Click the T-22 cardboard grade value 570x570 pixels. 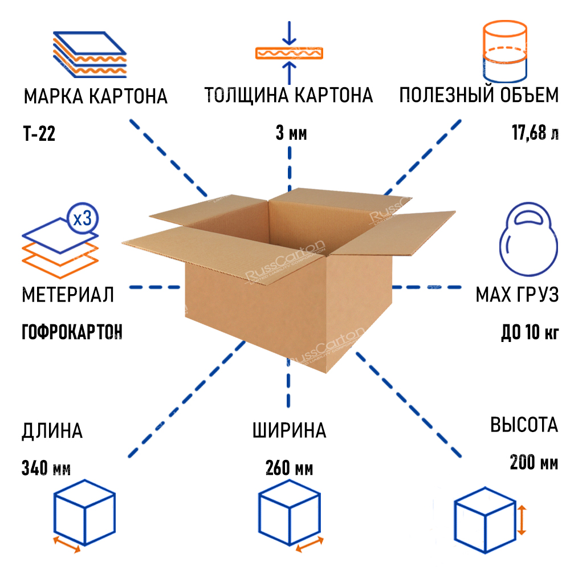[39, 135]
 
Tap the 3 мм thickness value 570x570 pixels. [291, 134]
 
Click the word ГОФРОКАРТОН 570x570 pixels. [72, 331]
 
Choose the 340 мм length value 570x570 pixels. [46, 469]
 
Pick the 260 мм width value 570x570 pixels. [289, 469]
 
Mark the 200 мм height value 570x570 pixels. [534, 462]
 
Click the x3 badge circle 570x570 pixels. [83, 219]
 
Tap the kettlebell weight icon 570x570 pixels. [527, 240]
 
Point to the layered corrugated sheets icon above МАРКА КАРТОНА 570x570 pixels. [91, 55]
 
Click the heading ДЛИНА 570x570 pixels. [52, 431]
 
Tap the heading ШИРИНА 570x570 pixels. [289, 431]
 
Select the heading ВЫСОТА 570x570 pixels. [524, 425]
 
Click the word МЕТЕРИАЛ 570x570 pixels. [68, 295]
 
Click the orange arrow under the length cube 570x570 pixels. [66, 544]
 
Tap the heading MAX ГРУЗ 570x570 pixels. [516, 295]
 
